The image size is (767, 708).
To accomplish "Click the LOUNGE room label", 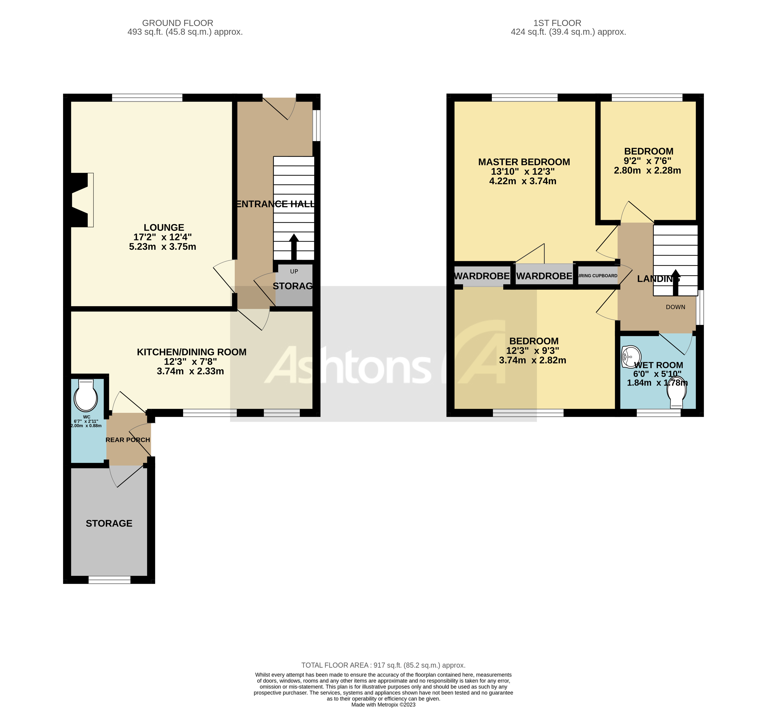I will pyautogui.click(x=164, y=228).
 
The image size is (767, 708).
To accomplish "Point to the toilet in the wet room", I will pyautogui.click(x=676, y=395).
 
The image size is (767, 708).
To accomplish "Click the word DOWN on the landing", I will pyautogui.click(x=675, y=307).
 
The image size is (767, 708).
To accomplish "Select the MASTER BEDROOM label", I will pyautogui.click(x=524, y=162).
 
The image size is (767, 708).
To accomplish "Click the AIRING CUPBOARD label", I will pyautogui.click(x=598, y=276).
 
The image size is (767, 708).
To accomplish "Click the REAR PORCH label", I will pyautogui.click(x=128, y=440).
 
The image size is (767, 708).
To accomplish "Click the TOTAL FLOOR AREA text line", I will pyautogui.click(x=383, y=665).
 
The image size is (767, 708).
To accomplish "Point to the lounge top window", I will pyautogui.click(x=147, y=98).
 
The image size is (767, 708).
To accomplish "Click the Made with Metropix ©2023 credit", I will pyautogui.click(x=383, y=705).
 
